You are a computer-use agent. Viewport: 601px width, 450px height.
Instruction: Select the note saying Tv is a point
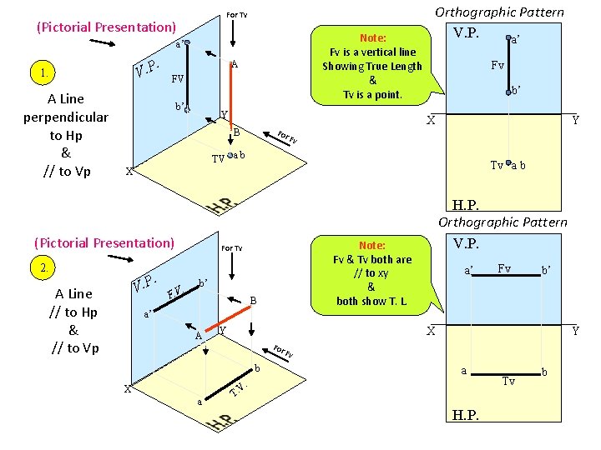pos(372,94)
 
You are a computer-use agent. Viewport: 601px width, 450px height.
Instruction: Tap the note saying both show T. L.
pos(371,301)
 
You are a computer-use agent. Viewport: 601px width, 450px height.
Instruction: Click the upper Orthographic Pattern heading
pos(500,12)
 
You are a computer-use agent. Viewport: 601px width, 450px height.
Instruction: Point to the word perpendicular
pos(66,117)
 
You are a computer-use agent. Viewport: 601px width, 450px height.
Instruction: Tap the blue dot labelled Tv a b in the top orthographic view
pos(508,165)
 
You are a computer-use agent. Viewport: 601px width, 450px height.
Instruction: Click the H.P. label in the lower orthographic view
pos(465,414)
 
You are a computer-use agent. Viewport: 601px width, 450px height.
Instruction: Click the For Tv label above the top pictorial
pos(237,15)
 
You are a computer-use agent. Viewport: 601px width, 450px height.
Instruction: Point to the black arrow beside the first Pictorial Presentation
pos(103,43)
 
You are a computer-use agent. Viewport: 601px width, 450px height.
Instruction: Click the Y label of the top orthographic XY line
pos(575,120)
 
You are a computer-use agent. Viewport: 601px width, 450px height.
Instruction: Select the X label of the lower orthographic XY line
pos(432,331)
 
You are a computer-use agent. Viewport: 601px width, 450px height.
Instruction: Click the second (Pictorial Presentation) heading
pos(104,242)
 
